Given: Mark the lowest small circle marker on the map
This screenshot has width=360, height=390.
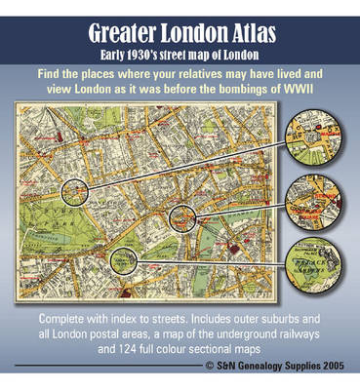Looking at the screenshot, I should [120, 258].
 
